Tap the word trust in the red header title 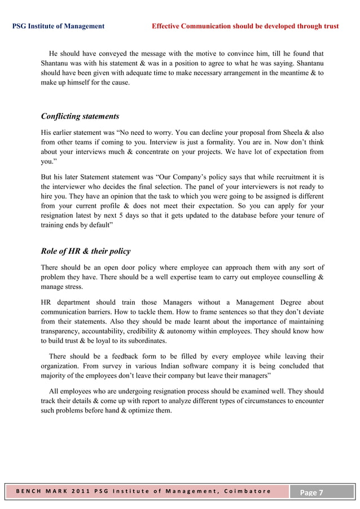(330, 26)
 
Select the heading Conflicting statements (80, 116)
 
